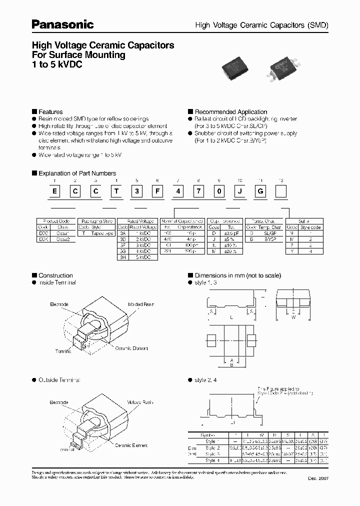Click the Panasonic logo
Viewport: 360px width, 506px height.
(x=63, y=24)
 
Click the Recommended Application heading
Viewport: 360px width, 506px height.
(x=230, y=112)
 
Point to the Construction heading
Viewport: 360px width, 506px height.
(x=55, y=275)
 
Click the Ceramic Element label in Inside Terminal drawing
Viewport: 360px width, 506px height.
(x=131, y=348)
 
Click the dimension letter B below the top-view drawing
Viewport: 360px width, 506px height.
(x=231, y=364)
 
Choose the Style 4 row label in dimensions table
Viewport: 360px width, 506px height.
(x=210, y=460)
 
